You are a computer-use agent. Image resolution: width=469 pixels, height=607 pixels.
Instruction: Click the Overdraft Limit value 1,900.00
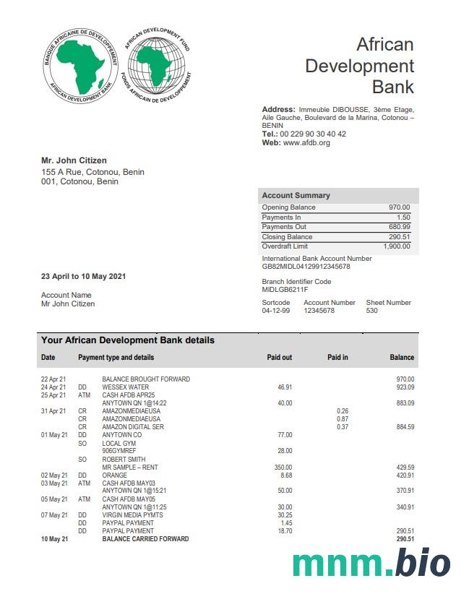click(x=395, y=246)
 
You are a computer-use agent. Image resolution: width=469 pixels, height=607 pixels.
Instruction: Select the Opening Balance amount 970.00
click(x=400, y=207)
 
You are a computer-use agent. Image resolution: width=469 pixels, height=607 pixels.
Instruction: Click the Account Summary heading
click(x=296, y=195)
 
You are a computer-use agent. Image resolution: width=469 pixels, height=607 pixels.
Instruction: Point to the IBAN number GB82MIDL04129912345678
click(x=306, y=267)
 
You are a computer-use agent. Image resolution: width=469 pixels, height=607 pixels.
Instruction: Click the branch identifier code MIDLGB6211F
click(x=285, y=290)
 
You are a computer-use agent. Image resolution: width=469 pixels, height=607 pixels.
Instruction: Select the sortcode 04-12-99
click(x=275, y=311)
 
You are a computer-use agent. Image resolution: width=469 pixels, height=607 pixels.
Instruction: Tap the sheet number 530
click(x=372, y=311)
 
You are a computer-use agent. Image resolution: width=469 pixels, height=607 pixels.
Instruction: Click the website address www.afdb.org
click(x=306, y=143)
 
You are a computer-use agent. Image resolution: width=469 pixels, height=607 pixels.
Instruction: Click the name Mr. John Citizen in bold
click(x=74, y=160)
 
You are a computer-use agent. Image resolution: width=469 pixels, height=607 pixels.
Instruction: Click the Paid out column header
click(x=280, y=357)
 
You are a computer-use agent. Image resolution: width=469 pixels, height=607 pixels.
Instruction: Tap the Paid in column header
click(x=337, y=357)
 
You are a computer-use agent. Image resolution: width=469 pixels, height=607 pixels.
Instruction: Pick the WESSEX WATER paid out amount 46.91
click(x=285, y=387)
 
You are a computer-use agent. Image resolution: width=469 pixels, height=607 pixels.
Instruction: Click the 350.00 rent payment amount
click(x=283, y=468)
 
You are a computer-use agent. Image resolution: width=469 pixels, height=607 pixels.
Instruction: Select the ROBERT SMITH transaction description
click(x=124, y=460)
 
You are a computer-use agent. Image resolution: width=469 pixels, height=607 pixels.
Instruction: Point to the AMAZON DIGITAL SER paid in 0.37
click(x=343, y=427)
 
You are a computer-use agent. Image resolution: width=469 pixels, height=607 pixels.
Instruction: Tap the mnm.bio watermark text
click(x=371, y=564)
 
